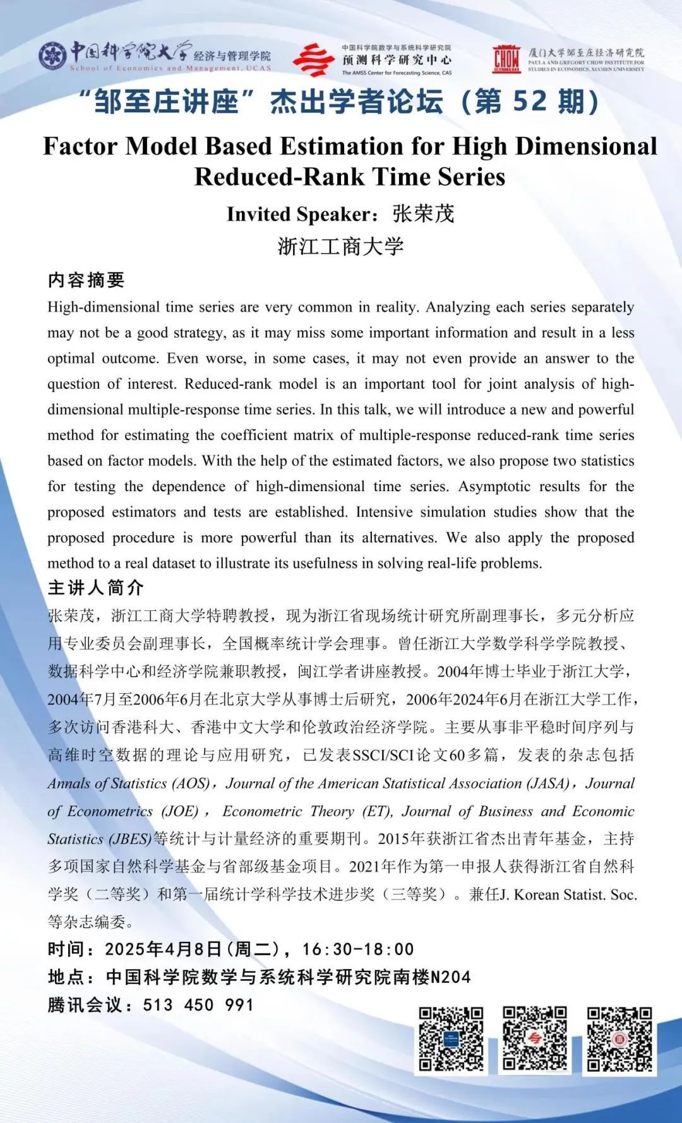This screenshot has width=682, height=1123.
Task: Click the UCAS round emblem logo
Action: click(x=52, y=56)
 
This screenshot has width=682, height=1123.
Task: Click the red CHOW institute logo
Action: click(x=506, y=59)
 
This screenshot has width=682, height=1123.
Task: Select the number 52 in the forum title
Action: click(x=529, y=102)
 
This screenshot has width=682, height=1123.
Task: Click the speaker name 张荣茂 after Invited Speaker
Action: click(x=423, y=214)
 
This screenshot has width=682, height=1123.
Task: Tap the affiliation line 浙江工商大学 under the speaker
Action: click(x=340, y=246)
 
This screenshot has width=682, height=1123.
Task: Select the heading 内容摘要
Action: click(x=87, y=280)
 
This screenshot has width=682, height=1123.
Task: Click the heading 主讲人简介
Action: click(x=96, y=588)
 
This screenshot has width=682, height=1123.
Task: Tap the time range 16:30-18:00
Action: click(x=357, y=949)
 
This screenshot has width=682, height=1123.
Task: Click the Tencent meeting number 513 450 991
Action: click(x=198, y=1005)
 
